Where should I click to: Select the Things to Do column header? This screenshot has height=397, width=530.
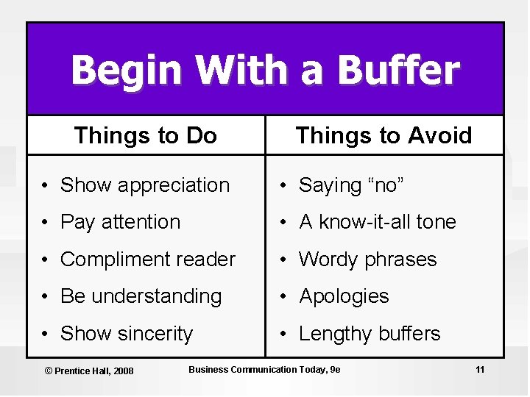146,135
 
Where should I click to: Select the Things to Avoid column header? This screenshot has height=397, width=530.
384,135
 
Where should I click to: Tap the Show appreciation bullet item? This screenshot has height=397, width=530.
144,185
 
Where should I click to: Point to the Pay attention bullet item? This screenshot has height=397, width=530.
120,222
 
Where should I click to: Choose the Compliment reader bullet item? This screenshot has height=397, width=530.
147,260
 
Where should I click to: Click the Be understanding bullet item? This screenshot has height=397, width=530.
141,296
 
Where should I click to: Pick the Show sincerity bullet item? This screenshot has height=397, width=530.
126,334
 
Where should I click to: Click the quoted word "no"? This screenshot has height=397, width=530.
384,185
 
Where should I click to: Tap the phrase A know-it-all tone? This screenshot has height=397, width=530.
377,222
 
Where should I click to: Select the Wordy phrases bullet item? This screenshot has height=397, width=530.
367,260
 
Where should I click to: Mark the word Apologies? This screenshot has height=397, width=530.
344,296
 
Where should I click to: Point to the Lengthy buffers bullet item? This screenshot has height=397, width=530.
369,334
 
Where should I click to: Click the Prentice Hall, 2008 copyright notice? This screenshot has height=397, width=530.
89,371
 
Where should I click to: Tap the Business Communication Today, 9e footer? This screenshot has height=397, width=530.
264,369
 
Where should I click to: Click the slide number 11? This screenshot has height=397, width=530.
480,369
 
